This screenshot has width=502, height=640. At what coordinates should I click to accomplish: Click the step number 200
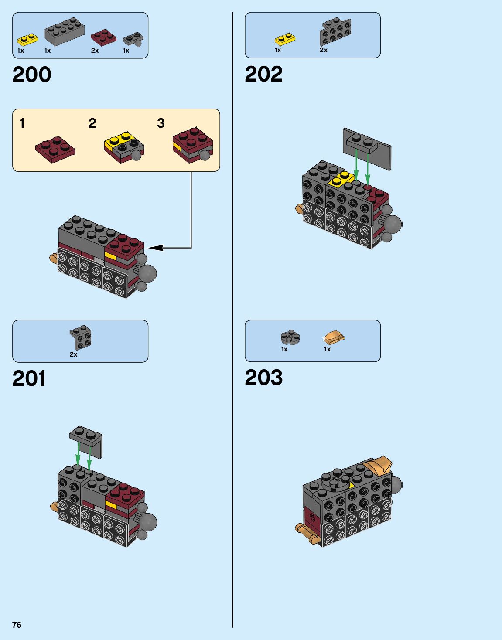[32, 75]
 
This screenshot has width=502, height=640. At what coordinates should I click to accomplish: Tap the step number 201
[29, 378]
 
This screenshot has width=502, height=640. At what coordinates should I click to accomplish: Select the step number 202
[263, 74]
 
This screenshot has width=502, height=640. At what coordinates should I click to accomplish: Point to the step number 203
[263, 378]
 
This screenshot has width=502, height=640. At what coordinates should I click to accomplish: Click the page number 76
[17, 625]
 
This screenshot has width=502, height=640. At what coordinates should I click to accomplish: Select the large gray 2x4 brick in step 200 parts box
[64, 32]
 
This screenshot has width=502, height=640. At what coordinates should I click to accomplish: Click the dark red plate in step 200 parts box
[103, 37]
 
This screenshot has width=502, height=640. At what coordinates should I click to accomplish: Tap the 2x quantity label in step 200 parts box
[95, 51]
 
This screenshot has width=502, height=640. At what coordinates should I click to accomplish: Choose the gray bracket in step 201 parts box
[80, 337]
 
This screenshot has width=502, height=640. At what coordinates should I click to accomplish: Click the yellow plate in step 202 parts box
[285, 40]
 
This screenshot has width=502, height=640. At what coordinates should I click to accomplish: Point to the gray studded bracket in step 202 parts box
[335, 32]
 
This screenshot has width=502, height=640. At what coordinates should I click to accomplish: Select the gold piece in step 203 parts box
[334, 337]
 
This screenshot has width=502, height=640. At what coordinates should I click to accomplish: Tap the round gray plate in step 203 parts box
[290, 336]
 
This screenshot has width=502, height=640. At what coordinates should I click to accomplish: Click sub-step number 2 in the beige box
[92, 123]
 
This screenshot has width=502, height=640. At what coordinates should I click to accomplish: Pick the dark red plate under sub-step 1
[55, 149]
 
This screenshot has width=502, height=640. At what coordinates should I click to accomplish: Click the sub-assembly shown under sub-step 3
[192, 145]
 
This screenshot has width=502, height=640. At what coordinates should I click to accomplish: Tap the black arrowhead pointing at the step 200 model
[156, 248]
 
